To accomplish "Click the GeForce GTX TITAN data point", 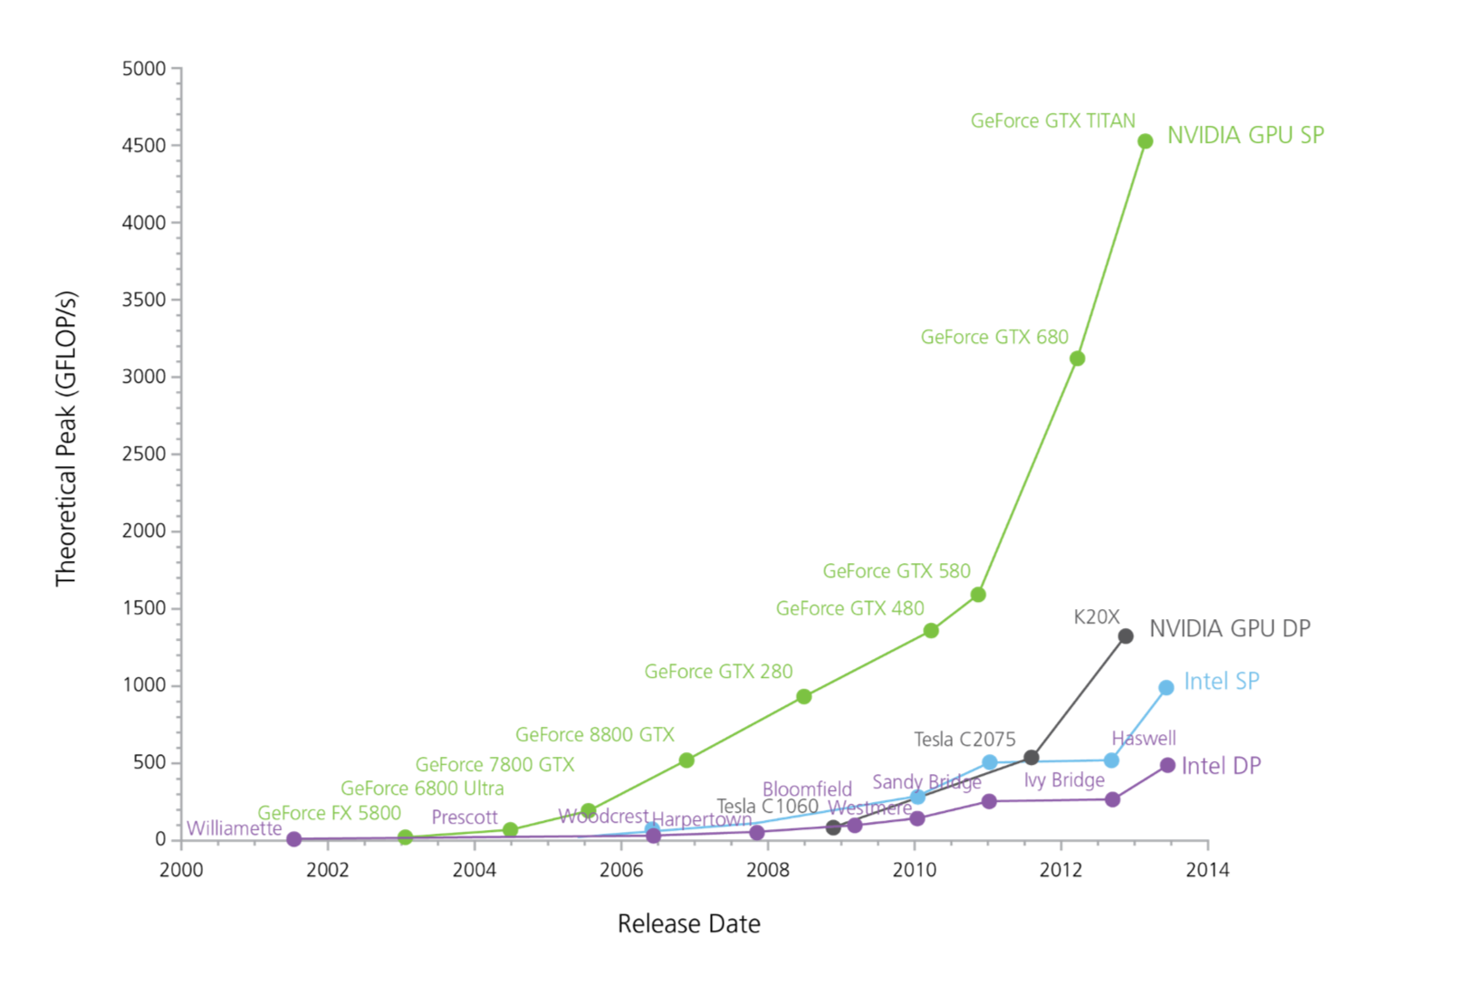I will [1145, 141].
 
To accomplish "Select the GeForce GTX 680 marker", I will [1077, 358].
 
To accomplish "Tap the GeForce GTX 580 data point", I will [978, 595].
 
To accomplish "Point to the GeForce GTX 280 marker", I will [803, 696].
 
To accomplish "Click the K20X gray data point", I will [1126, 636].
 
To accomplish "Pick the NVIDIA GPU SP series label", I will [1245, 136].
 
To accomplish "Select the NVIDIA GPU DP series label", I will [1229, 629].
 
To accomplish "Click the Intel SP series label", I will [1221, 682].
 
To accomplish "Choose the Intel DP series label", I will [1221, 767].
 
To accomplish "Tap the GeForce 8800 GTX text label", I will [595, 735].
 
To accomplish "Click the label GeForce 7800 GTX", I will [494, 766].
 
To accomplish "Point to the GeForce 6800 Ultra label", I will [422, 789].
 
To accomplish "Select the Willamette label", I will [234, 828].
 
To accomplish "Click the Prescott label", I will [465, 817].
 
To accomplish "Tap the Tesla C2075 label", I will [965, 740].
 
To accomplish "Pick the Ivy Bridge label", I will [1064, 780].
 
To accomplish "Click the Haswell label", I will [1144, 739].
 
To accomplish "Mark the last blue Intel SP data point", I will [1167, 688].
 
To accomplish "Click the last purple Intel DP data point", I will [1167, 766].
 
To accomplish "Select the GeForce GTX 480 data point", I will [931, 630].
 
